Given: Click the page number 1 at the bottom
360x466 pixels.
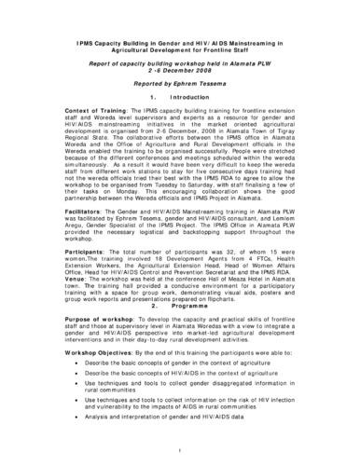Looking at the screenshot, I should tap(180, 449).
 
